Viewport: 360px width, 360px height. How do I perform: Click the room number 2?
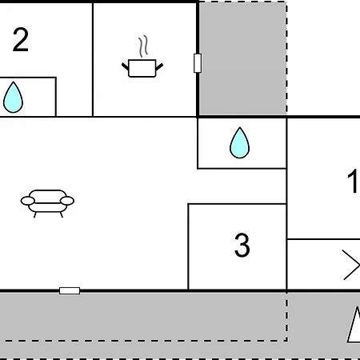[x=21, y=40]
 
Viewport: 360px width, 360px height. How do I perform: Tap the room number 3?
[x=242, y=245]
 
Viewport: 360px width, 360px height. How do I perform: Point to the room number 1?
[x=353, y=181]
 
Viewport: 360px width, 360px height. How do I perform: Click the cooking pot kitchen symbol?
[x=142, y=68]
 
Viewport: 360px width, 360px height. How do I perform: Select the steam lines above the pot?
[x=143, y=46]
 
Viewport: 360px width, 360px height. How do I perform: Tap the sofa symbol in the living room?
[x=47, y=203]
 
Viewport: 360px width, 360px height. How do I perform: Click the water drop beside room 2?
[x=13, y=97]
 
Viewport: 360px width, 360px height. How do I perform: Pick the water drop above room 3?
[x=239, y=142]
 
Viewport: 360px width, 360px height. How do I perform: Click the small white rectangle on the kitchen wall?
[x=198, y=63]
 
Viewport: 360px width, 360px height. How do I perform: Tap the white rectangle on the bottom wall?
[x=70, y=290]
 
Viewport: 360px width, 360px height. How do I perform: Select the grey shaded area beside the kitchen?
[x=242, y=58]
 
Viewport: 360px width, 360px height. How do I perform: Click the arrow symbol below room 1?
[x=351, y=265]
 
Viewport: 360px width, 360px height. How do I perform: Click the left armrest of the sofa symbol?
[x=28, y=201]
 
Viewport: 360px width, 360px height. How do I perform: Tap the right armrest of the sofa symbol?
[x=67, y=201]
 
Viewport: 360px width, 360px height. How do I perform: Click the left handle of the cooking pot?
[x=125, y=66]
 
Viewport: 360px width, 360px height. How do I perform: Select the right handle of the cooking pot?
[x=159, y=66]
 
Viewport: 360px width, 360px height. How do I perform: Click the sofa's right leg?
[x=62, y=214]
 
